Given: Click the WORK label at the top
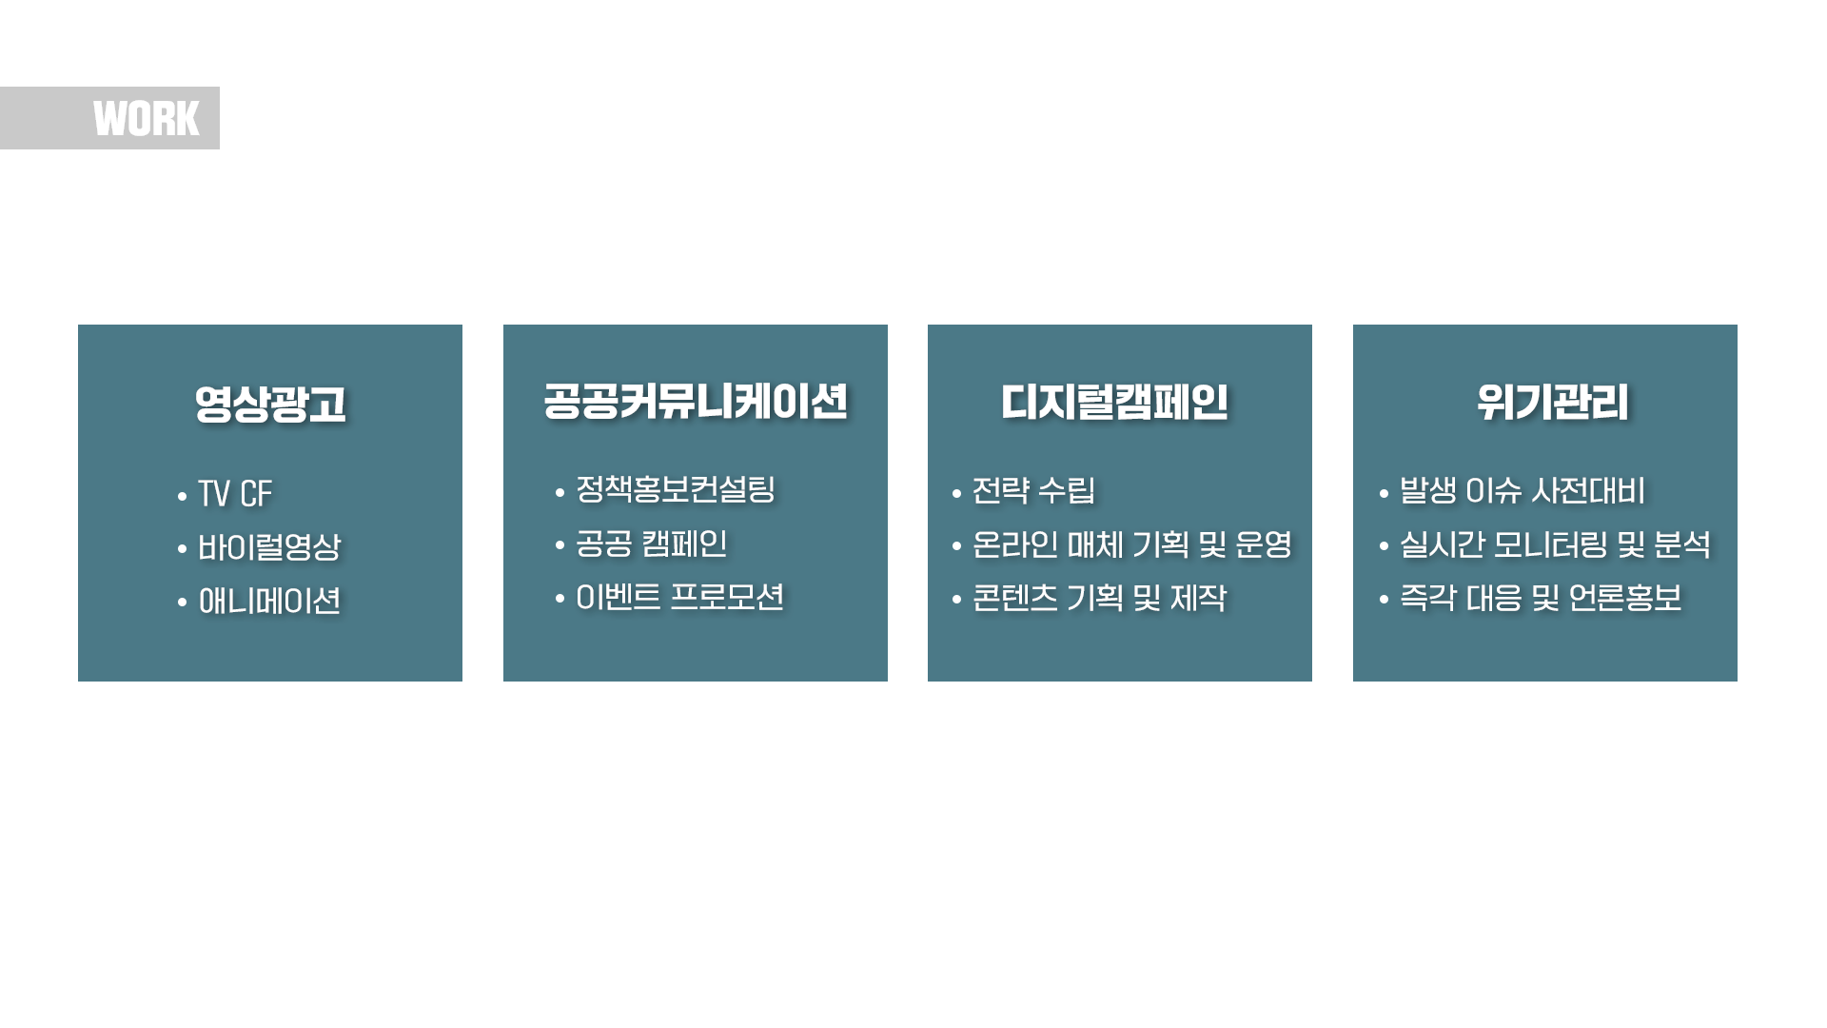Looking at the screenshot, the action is coord(147,119).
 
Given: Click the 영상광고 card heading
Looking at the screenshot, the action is coord(270,404).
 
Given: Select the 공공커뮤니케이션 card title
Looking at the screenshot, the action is coord(696,401).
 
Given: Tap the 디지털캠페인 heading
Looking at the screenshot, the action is coord(1114,402).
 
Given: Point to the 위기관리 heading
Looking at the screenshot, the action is coord(1552,402).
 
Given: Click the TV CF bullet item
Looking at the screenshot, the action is coord(235,494).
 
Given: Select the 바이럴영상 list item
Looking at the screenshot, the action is coord(269,547).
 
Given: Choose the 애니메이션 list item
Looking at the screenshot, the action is coord(269,601).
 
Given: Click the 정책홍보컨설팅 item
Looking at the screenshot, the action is coord(676,489).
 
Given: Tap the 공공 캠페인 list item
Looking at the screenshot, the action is coord(652,544).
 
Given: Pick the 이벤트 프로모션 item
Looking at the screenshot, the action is coord(680,597).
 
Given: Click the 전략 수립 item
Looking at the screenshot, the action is coord(1033,490).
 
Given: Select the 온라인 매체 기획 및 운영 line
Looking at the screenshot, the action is coord(1132,544).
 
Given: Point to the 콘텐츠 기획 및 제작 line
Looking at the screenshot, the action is coord(1099,598).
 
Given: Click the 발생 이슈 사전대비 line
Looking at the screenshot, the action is coord(1522,490).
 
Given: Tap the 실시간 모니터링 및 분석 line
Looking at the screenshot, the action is coord(1555,544).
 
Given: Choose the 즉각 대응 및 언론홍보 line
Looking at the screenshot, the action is coord(1541,598).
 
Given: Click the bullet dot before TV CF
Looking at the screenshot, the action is coord(182,496).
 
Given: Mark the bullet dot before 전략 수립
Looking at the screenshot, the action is coord(956,492).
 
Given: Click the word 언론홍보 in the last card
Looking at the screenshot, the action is coord(1624,598).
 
